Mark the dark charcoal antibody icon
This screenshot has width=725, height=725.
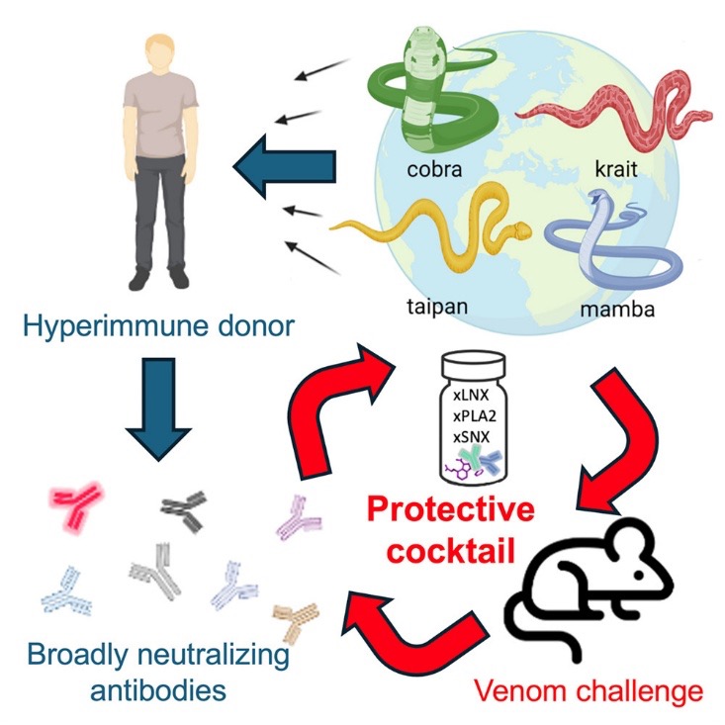click(184, 509)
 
